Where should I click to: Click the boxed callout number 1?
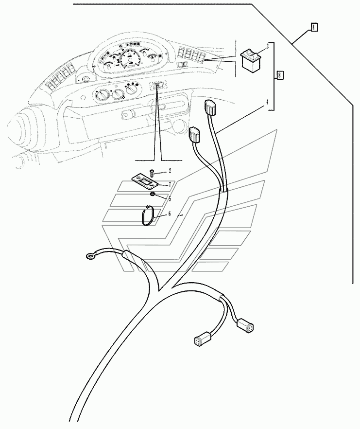(x=314, y=27)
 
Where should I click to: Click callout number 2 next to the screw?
(x=170, y=171)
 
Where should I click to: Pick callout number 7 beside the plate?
(x=170, y=184)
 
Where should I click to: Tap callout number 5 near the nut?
(x=169, y=198)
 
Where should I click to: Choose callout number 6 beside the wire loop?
(x=170, y=213)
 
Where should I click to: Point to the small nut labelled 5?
(x=153, y=195)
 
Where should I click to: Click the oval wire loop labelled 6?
(x=148, y=215)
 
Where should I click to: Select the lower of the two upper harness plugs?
(x=194, y=135)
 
